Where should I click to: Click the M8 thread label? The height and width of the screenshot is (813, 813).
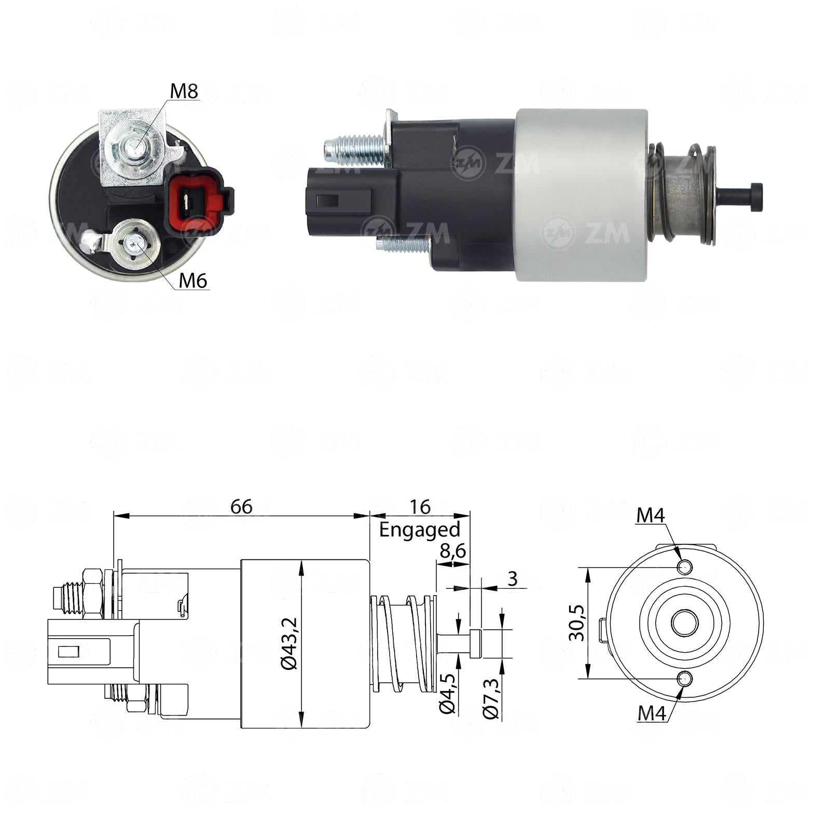point(184,91)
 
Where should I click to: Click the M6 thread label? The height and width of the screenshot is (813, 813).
point(193,281)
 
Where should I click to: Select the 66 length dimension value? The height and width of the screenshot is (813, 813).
point(241,506)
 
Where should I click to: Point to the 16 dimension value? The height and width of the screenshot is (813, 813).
point(420,506)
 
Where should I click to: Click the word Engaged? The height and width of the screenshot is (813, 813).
point(420,530)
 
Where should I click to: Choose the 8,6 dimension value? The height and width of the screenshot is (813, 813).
point(453,552)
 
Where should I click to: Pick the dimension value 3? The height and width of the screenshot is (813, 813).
point(513,578)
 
